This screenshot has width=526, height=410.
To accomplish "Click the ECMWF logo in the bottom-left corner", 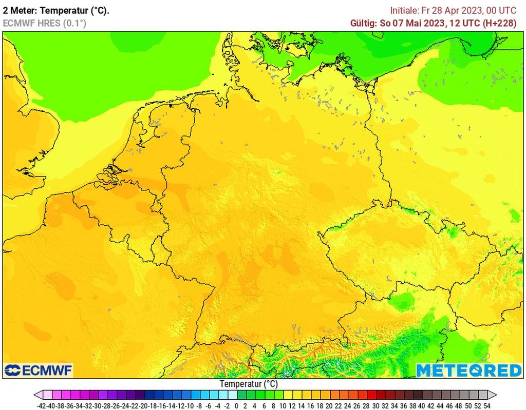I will [x=39, y=370].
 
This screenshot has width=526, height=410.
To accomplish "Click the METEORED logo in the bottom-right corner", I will [x=468, y=370].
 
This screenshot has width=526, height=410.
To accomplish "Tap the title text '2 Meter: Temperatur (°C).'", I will [x=56, y=10].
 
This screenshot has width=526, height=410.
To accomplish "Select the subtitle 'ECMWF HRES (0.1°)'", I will [x=44, y=23].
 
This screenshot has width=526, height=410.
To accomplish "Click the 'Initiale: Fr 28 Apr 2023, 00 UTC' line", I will [x=453, y=10].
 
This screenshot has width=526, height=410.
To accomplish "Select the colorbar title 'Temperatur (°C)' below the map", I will [x=249, y=384].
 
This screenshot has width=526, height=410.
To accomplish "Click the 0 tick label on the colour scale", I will [x=236, y=405].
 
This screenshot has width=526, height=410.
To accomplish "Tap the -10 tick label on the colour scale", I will [x=190, y=405].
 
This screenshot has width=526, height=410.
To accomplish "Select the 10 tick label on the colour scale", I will [x=283, y=405].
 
